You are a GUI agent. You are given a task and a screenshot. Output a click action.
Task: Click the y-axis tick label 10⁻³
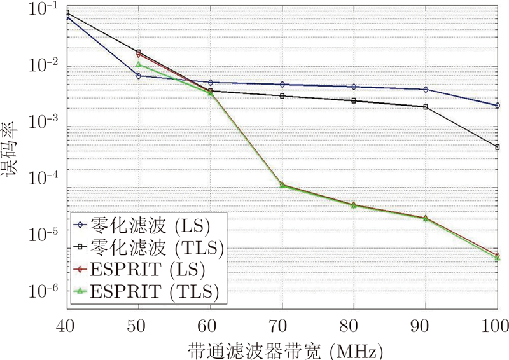(44, 121)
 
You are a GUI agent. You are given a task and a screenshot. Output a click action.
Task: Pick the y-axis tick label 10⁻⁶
(44, 291)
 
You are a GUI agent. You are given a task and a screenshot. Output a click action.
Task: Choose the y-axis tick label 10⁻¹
(44, 10)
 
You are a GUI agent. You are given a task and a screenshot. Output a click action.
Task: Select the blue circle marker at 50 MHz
(138, 76)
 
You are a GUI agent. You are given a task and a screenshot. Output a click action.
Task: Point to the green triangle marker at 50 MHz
(138, 64)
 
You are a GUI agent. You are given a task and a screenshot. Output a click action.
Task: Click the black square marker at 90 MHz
(426, 107)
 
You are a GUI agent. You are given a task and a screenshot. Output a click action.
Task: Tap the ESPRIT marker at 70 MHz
(282, 185)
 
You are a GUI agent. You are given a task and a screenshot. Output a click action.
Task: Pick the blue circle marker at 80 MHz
(354, 87)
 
